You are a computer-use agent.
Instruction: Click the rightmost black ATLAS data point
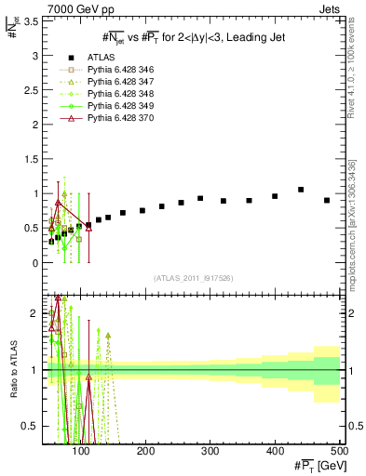[x=327, y=200]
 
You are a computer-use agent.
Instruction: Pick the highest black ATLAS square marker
[x=301, y=190]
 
